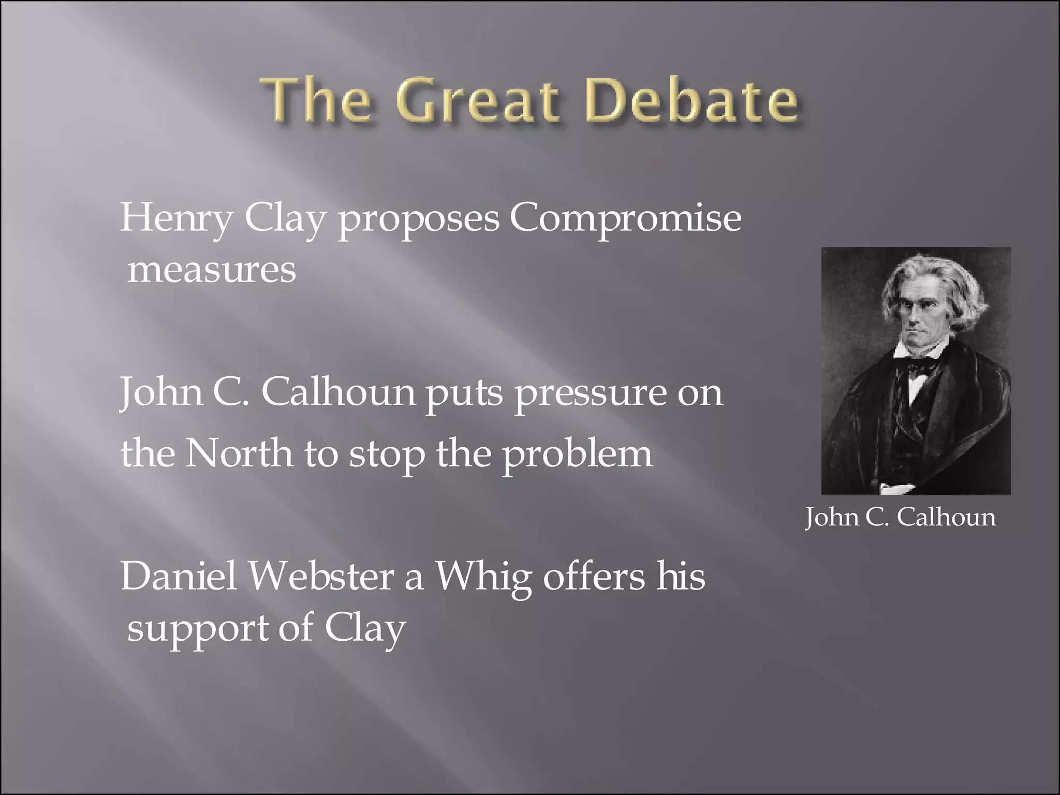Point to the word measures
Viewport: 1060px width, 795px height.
[x=212, y=270]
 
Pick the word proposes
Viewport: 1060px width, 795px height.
[x=419, y=219]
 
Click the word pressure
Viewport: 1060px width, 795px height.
[x=590, y=394]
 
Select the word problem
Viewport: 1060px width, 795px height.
[x=578, y=454]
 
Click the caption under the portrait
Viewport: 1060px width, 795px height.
[x=900, y=517]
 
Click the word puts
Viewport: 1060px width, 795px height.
[x=464, y=394]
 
